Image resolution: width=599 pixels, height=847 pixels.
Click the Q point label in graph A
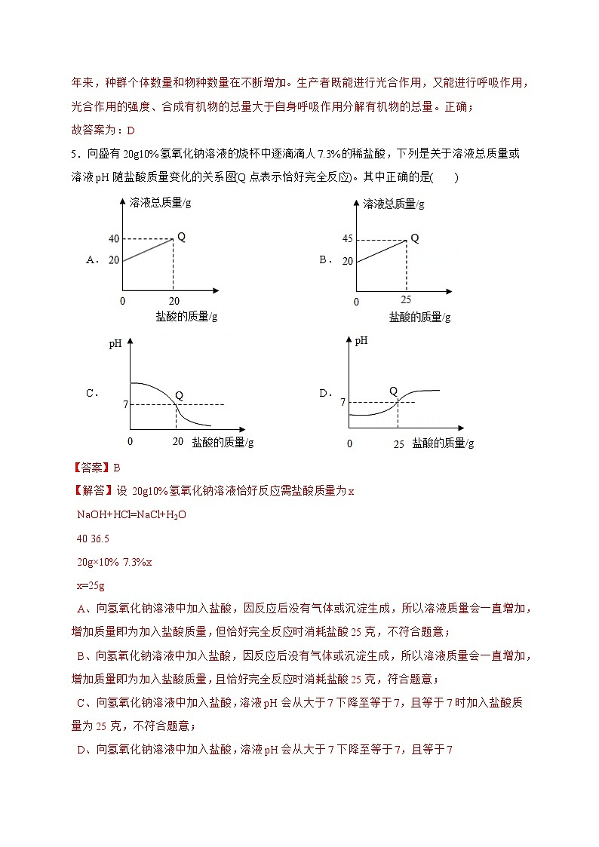pyautogui.click(x=181, y=237)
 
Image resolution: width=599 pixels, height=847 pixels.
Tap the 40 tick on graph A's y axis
pyautogui.click(x=114, y=239)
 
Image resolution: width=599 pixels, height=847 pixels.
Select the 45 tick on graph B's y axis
pyautogui.click(x=347, y=240)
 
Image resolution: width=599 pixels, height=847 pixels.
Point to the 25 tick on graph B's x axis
pyautogui.click(x=406, y=299)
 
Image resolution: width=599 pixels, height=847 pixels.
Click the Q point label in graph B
pyautogui.click(x=414, y=238)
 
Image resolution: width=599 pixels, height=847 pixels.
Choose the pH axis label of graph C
pyautogui.click(x=115, y=344)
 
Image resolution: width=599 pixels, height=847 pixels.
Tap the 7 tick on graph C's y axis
pyautogui.click(x=117, y=405)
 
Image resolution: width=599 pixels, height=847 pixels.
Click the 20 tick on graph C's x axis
pyautogui.click(x=178, y=441)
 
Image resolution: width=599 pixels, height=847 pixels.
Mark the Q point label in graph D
pyautogui.click(x=393, y=391)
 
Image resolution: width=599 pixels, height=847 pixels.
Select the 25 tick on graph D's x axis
pyautogui.click(x=398, y=444)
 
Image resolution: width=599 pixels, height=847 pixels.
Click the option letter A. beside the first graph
pyautogui.click(x=94, y=259)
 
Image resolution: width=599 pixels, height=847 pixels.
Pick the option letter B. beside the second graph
pyautogui.click(x=326, y=259)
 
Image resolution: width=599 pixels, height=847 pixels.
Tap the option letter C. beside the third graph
pyautogui.click(x=93, y=393)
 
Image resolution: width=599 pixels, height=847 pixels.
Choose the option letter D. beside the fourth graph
pyautogui.click(x=326, y=393)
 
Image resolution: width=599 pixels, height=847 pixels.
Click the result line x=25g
pyautogui.click(x=91, y=586)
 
